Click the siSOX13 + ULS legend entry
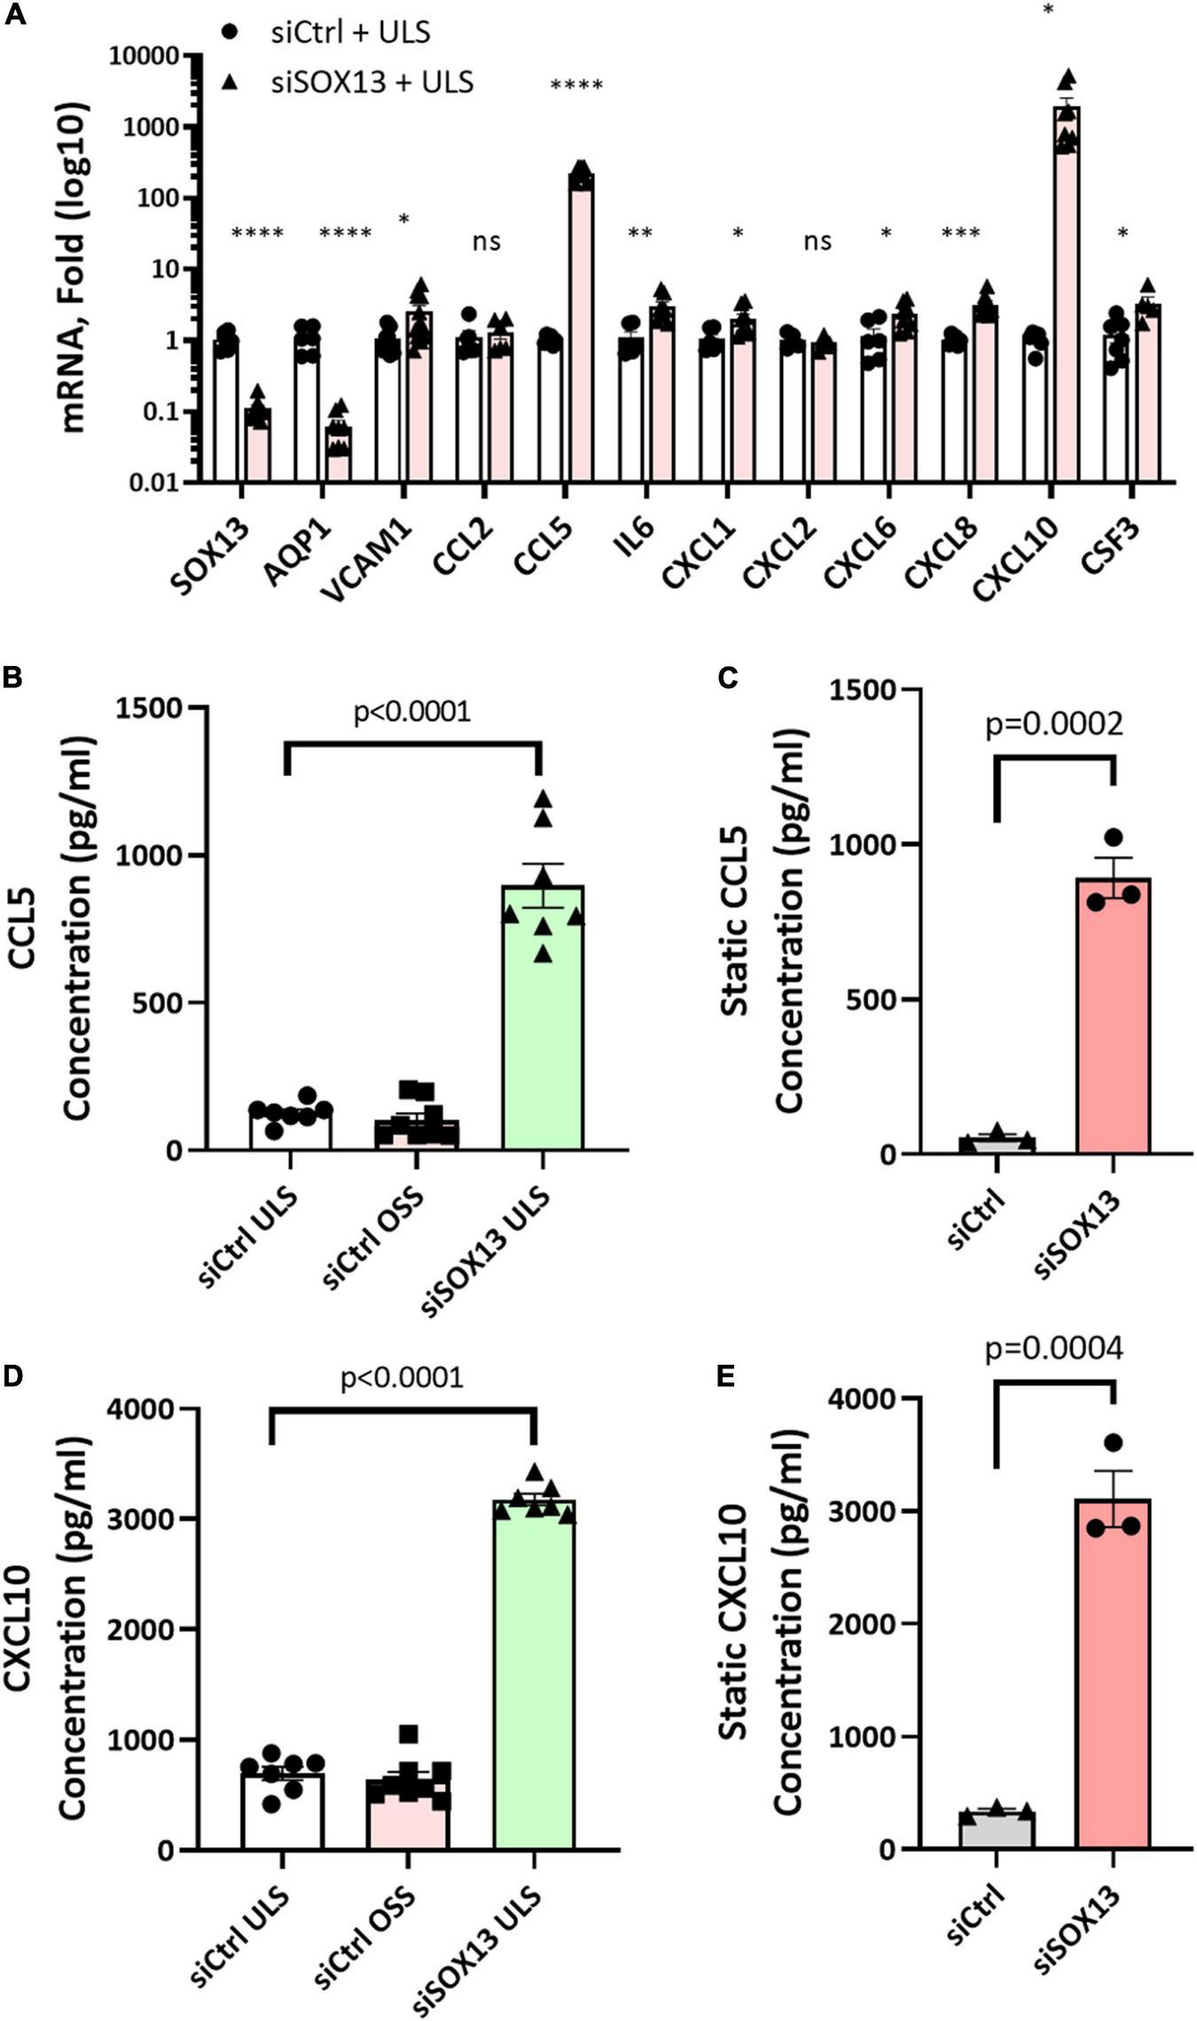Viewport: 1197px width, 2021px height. pos(372,82)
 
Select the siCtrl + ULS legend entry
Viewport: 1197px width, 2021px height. pos(350,33)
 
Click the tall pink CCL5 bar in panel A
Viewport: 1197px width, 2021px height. pos(582,337)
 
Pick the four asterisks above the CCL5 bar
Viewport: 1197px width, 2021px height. pos(576,87)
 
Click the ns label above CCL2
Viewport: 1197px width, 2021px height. pos(487,241)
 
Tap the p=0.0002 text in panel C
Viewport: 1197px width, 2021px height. pos(1054,724)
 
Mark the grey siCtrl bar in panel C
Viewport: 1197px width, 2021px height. pos(997,1144)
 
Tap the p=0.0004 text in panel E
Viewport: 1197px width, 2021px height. pos(1054,1348)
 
